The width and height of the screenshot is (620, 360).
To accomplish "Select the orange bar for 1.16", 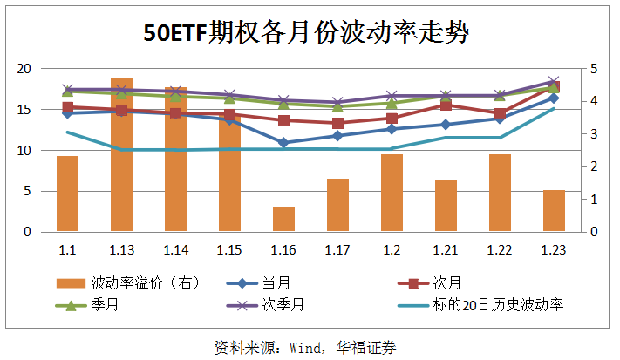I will click(283, 220).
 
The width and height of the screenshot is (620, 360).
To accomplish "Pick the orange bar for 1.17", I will click(337, 206).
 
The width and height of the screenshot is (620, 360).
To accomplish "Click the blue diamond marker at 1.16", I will click(283, 142).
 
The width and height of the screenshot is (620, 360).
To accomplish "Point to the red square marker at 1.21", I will click(446, 105).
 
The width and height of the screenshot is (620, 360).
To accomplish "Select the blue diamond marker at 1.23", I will click(554, 98).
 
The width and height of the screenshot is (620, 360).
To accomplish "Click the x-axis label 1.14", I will click(175, 250).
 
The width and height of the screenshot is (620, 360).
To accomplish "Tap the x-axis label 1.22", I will click(500, 250).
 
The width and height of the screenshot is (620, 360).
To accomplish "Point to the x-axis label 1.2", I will click(392, 250).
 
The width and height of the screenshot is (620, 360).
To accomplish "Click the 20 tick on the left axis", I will click(25, 69).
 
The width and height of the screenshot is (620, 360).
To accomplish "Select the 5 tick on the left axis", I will click(29, 192).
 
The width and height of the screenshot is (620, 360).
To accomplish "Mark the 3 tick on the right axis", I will click(594, 134).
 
